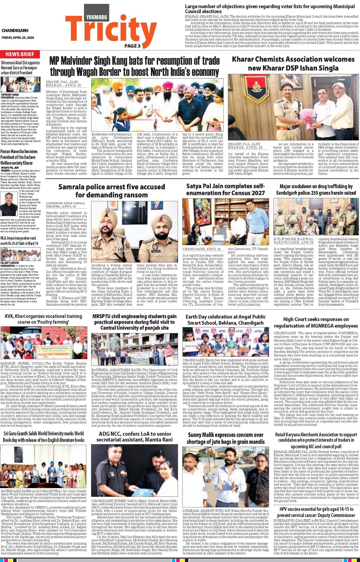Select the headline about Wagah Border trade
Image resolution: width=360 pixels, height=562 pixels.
coord(134,67)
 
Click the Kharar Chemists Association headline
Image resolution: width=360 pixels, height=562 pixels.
coord(293,64)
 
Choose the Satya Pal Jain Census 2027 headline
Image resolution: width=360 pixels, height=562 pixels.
coord(225,189)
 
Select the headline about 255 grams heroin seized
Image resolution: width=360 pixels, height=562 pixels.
coord(316,189)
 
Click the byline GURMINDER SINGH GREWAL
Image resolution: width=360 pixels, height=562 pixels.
coord(66,203)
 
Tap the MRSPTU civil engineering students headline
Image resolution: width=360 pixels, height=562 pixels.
coord(134,322)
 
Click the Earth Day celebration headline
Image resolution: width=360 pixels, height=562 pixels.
coord(225,320)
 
